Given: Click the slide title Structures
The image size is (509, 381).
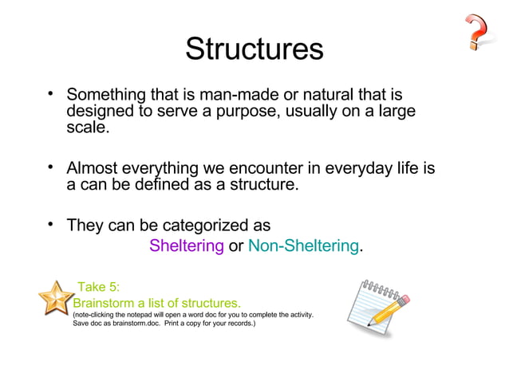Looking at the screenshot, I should (x=254, y=49).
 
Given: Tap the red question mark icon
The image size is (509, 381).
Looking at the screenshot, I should (x=478, y=33).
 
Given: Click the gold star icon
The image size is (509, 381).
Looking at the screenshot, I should (x=54, y=300).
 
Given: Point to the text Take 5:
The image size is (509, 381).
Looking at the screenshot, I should (x=98, y=288).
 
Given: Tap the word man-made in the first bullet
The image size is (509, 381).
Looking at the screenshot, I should (x=220, y=95).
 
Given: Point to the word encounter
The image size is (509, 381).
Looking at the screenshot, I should (x=256, y=169).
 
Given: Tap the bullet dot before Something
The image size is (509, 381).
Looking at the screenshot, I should (x=50, y=94).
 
